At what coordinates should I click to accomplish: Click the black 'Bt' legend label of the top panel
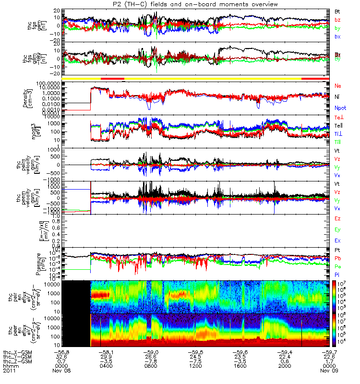337,11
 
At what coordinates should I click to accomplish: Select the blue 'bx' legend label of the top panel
337,36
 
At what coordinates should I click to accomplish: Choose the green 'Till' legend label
338,142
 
